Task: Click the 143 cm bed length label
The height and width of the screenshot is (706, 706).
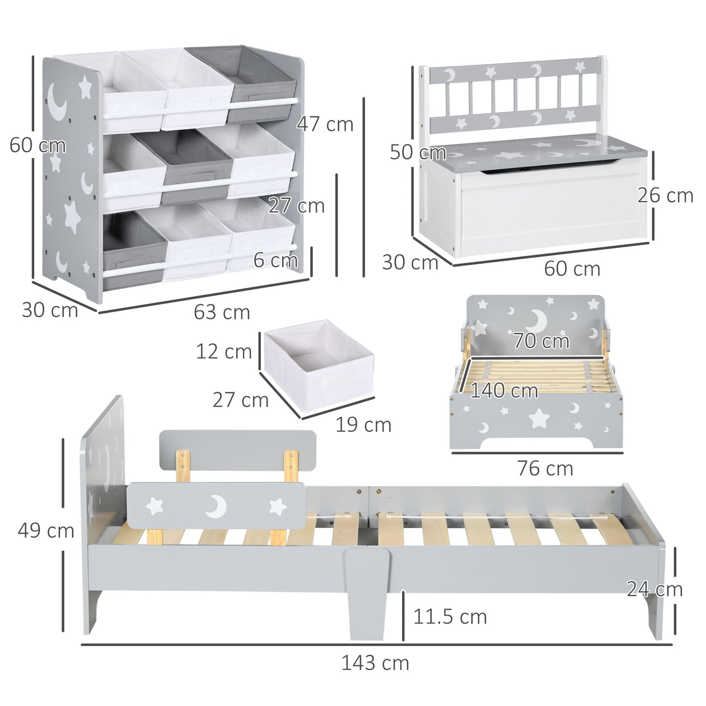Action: coord(375,663)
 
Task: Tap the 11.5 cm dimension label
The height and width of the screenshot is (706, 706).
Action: coord(450,617)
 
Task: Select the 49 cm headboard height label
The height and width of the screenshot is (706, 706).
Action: coord(46,531)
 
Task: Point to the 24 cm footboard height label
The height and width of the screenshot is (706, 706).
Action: coord(654,589)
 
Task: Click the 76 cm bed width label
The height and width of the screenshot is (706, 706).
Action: coord(545,469)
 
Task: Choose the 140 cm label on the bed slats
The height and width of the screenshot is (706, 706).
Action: coord(504,390)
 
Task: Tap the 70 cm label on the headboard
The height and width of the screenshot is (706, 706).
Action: coord(541,341)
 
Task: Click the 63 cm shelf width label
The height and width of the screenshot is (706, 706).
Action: coord(222,312)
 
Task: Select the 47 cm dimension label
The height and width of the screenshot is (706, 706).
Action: coord(325,124)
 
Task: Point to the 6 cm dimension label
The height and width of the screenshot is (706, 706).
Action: coord(276,260)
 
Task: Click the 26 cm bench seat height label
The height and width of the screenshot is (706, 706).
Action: coord(665,195)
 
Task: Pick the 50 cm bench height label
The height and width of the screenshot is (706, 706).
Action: coord(418,152)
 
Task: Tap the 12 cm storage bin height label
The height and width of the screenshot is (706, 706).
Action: coord(224,351)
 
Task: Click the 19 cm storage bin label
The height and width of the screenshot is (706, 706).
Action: coord(363,425)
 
